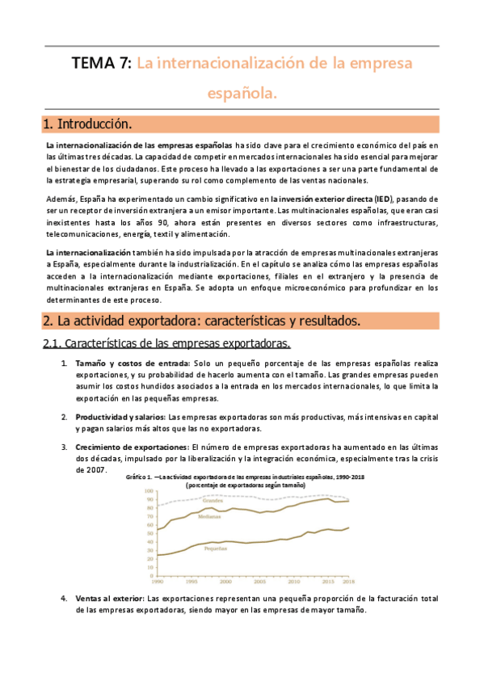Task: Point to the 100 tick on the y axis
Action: (x=148, y=491)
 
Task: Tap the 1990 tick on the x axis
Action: (x=157, y=581)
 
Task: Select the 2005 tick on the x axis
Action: (x=260, y=581)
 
